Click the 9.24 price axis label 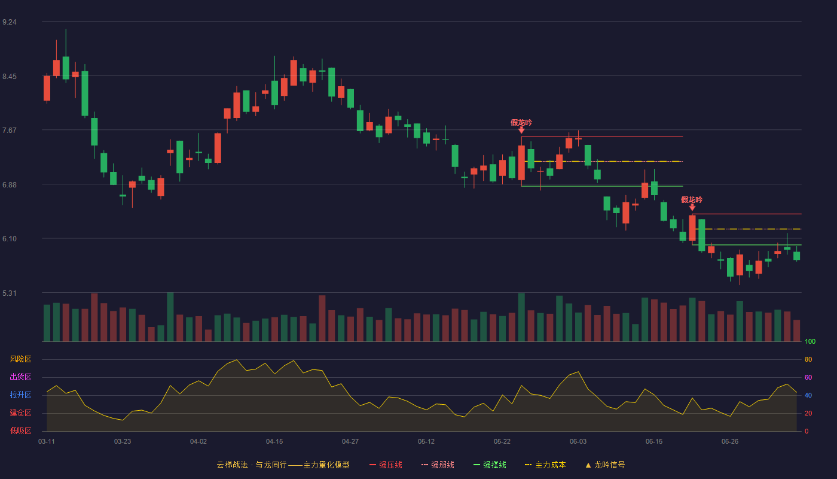pos(10,22)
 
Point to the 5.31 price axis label pos(10,293)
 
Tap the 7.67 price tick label pos(10,131)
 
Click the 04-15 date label pos(274,442)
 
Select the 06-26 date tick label pos(730,442)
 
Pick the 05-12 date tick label pos(426,442)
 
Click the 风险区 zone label pos(20,359)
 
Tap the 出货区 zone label pos(20,377)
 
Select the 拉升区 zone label pos(20,395)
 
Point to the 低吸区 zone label pos(20,431)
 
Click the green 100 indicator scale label pos(810,341)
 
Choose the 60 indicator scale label pos(808,377)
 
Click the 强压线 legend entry pos(386,465)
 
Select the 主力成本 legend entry pos(545,465)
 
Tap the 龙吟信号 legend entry pos(605,465)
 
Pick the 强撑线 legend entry pos(490,465)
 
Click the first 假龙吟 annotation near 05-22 pos(521,122)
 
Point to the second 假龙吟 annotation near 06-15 pos(692,199)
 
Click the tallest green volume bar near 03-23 pos(170,317)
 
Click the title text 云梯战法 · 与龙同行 pos(252,465)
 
